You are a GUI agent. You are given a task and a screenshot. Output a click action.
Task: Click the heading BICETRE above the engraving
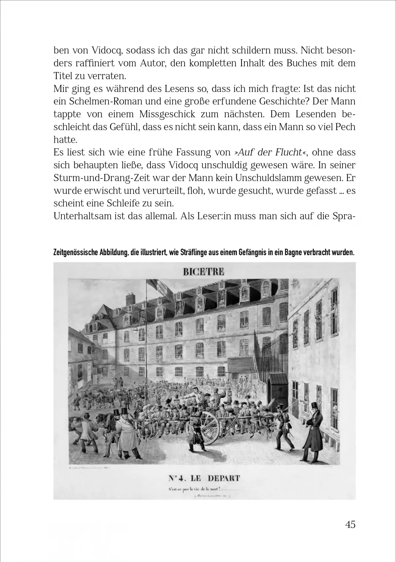pyautogui.click(x=204, y=272)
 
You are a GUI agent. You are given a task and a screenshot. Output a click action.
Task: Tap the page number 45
pyautogui.click(x=350, y=524)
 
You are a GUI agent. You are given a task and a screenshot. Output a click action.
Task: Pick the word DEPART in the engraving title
pyautogui.click(x=224, y=478)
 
